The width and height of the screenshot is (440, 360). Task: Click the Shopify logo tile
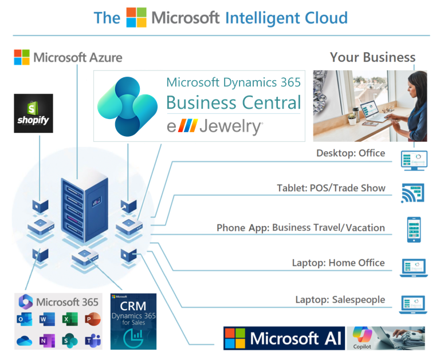pos(33,113)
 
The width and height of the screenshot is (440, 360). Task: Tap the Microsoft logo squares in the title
pos(136,17)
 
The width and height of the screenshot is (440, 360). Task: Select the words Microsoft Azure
pos(77,57)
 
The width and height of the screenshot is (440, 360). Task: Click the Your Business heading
pos(372,57)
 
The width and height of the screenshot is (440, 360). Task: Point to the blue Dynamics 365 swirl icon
pos(127,105)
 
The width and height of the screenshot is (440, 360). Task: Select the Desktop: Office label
pos(351,153)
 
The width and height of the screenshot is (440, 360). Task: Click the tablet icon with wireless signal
pos(413,193)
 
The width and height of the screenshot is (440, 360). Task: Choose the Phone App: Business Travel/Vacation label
pos(300,228)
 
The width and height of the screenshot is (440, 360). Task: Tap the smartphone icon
pos(414,230)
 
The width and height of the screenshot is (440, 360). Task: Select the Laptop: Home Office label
pos(338,263)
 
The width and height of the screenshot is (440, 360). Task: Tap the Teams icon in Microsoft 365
pos(90,340)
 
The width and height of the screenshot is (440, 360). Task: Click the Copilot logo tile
pos(362,338)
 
